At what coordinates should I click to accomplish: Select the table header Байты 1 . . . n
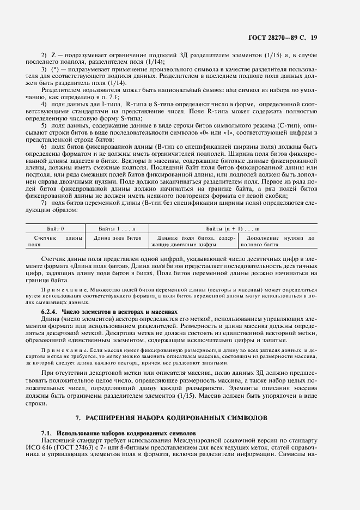click(x=118, y=230)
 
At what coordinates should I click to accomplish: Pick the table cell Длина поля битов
click(x=118, y=238)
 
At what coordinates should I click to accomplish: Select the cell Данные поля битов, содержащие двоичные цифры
click(x=194, y=241)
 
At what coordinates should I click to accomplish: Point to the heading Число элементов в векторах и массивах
click(x=119, y=311)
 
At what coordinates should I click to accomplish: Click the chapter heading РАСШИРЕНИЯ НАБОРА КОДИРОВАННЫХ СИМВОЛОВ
click(x=179, y=418)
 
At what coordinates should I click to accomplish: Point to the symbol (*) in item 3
click(x=55, y=71)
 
